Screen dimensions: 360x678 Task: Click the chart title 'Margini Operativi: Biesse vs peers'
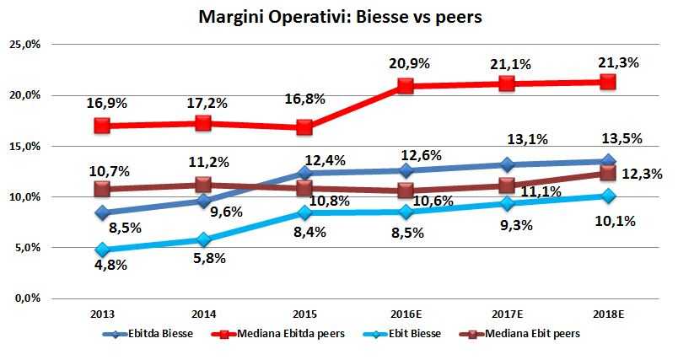(339, 17)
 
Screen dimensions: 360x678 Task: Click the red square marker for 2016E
(406, 85)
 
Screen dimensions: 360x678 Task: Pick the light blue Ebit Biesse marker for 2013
(102, 250)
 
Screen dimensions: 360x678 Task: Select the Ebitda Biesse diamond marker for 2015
(304, 173)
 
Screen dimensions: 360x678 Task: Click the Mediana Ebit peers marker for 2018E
(607, 172)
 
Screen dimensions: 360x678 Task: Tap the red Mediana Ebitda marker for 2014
(203, 123)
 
